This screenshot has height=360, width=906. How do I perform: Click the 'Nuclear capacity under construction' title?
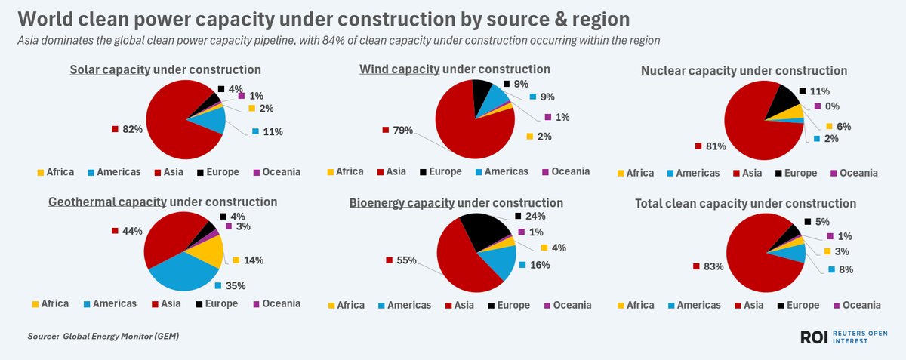click(744, 71)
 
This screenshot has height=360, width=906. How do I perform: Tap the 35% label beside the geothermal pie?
click(235, 286)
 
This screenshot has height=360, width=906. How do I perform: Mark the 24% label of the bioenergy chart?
click(534, 215)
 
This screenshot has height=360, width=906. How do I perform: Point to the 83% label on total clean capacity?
click(713, 266)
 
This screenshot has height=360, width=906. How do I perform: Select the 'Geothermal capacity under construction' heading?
click(162, 202)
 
